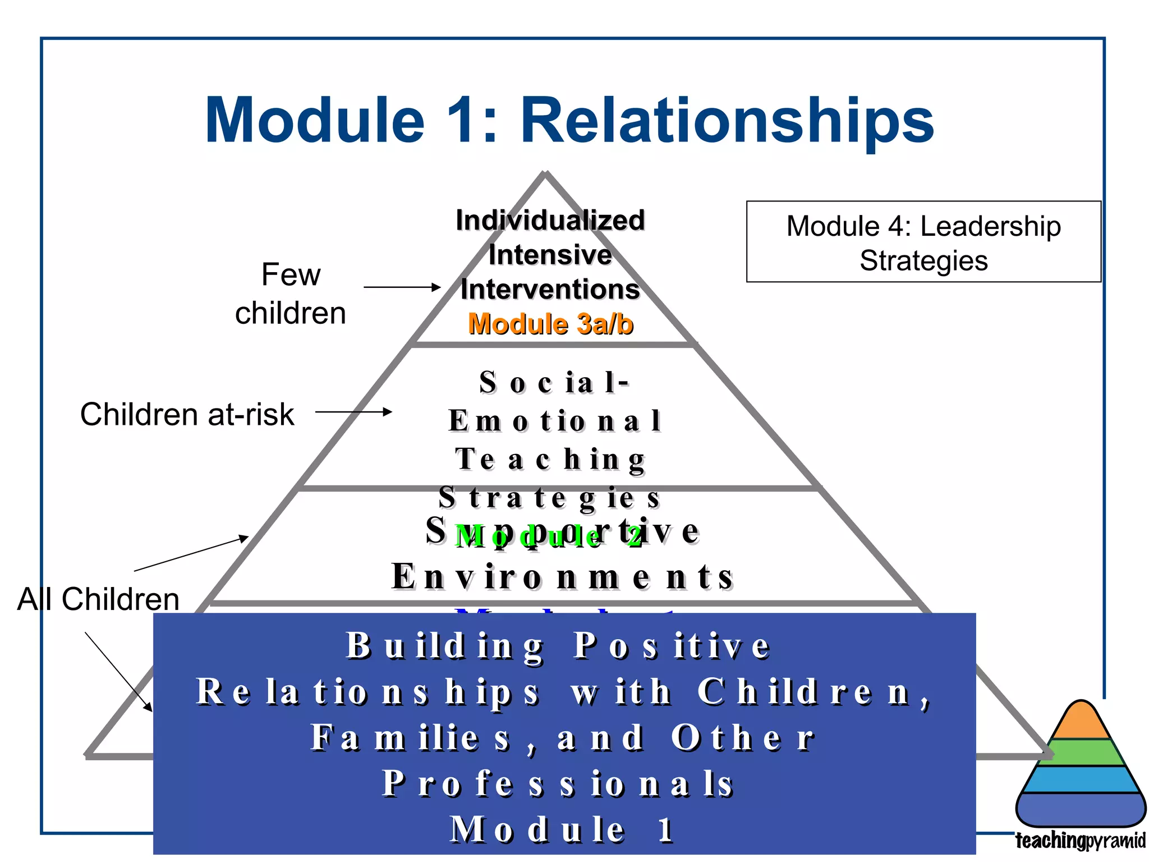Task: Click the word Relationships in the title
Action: point(727,121)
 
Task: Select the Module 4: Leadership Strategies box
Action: point(923,242)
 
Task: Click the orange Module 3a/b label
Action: point(550,324)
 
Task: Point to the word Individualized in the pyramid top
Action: point(550,220)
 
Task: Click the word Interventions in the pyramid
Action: point(550,290)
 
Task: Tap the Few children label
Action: point(291,294)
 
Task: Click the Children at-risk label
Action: point(187,414)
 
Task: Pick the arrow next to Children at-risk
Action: point(353,412)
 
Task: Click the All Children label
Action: point(98,599)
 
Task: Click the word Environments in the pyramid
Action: point(562,577)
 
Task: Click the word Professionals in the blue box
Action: point(558,783)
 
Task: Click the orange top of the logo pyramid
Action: point(1081,721)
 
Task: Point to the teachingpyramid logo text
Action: point(1080,841)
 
